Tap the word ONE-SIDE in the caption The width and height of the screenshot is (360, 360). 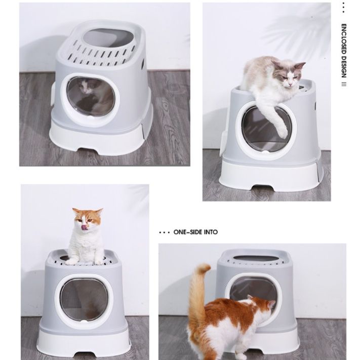(188, 232)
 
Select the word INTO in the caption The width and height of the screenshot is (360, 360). (211, 232)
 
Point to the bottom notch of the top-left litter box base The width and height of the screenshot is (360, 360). (88, 150)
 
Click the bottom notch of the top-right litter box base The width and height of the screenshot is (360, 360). (263, 188)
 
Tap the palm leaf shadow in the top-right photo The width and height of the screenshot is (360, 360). (298, 30)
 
